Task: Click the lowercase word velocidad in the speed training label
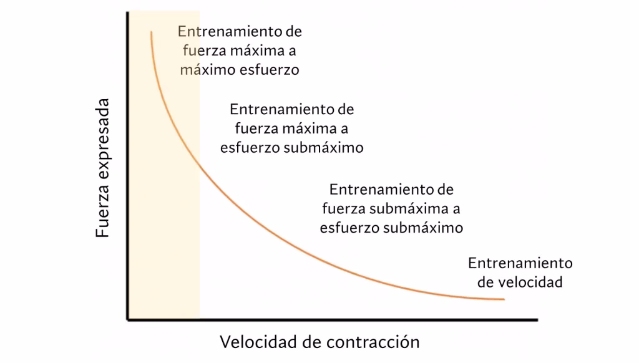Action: [x=531, y=282]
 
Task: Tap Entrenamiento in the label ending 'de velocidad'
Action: [x=520, y=263]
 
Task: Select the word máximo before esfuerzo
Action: [x=208, y=70]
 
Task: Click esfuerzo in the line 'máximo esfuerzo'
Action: [x=270, y=70]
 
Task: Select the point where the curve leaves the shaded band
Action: [x=200, y=163]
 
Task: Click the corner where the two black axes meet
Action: [x=128, y=321]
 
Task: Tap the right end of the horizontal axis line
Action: [x=537, y=321]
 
